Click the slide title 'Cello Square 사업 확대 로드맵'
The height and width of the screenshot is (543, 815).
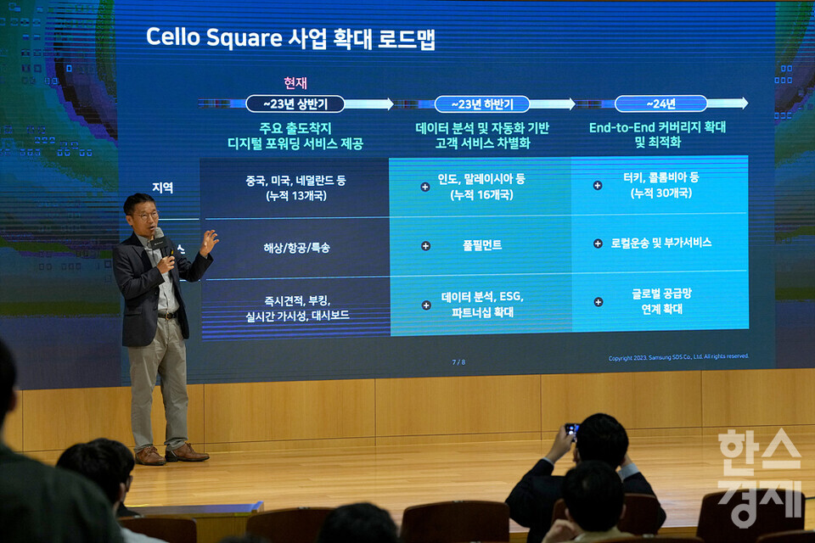point(290,37)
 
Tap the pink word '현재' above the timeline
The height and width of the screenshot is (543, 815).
point(295,82)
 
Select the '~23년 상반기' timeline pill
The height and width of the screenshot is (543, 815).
point(295,104)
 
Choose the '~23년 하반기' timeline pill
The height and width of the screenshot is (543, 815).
point(481,104)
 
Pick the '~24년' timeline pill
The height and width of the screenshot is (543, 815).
point(660,104)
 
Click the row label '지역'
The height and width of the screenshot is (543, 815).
point(162,188)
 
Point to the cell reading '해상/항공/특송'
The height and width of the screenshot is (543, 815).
point(295,248)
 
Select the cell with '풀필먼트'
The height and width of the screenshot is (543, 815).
point(481,245)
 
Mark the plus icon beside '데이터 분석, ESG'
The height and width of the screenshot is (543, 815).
point(426,305)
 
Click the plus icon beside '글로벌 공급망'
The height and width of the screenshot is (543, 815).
point(599,301)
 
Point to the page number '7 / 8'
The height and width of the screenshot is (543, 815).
point(458,362)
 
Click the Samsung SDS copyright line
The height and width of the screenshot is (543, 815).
point(678,357)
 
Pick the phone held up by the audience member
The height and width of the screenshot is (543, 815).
point(571,428)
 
